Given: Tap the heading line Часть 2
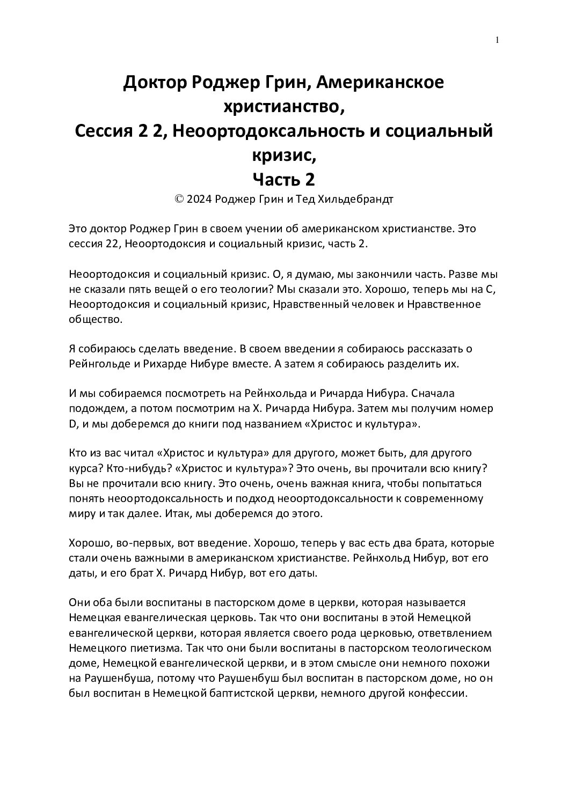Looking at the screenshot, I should (283, 179).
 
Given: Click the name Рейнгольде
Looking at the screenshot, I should (96, 364).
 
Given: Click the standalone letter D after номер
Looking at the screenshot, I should (73, 423).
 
